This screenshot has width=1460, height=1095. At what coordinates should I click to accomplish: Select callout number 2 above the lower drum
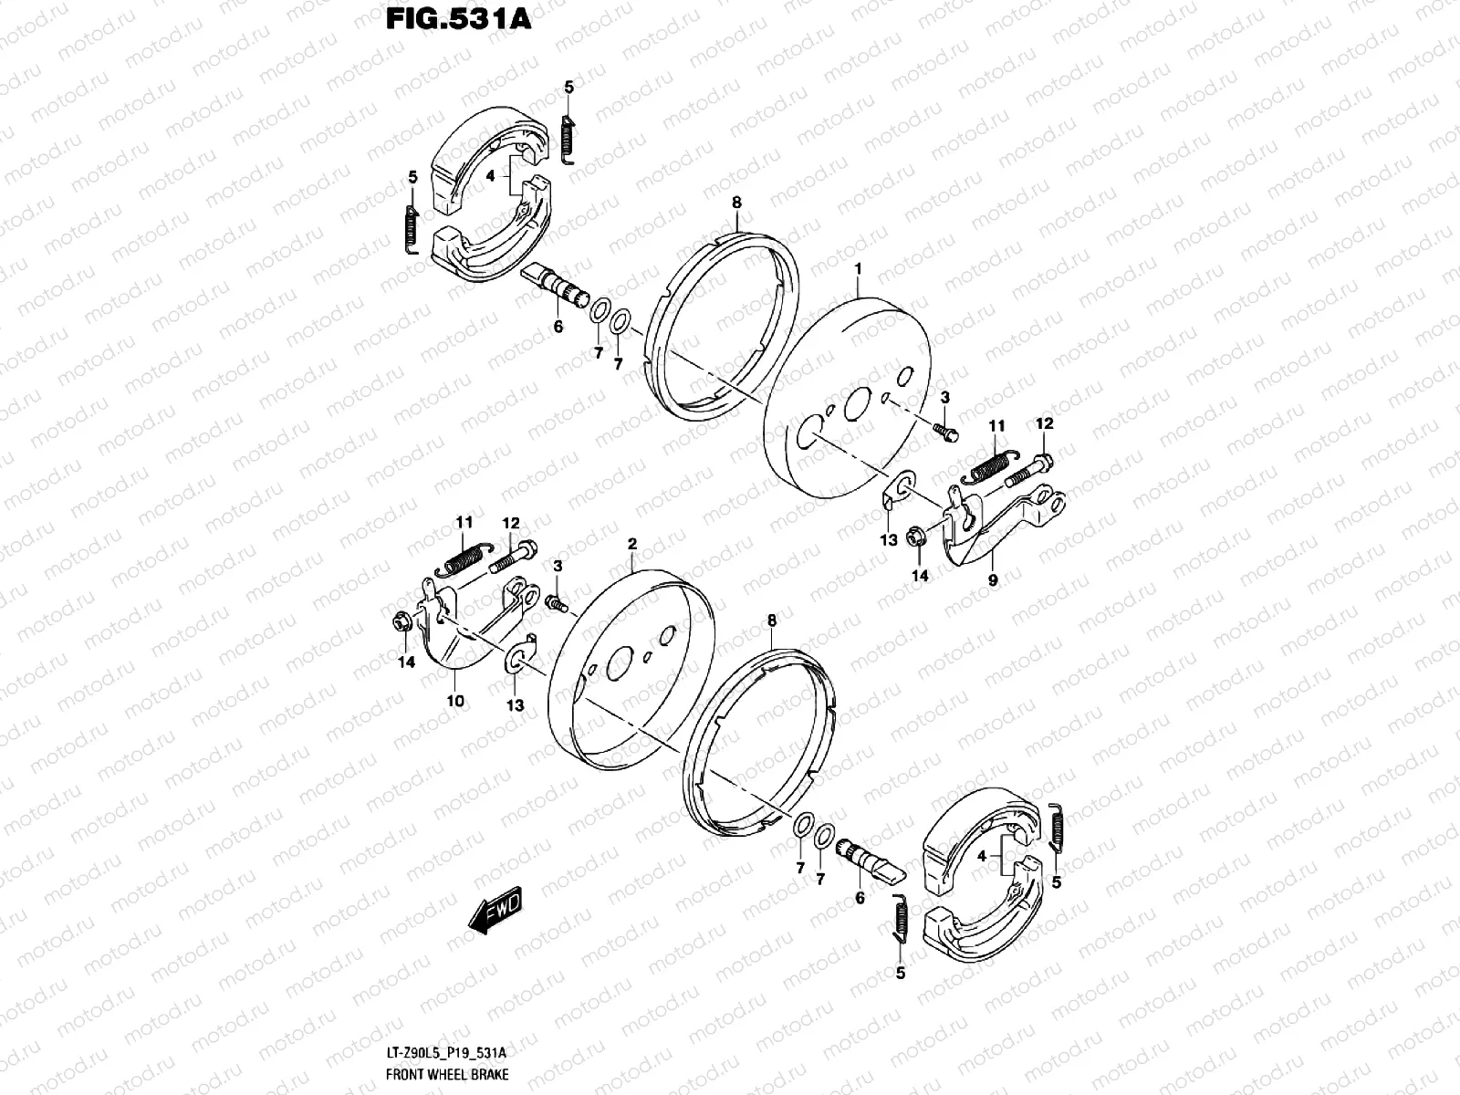[x=631, y=544]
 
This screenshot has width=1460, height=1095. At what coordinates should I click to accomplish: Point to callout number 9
[x=993, y=579]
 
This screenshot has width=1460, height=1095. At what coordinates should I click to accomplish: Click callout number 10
[x=455, y=701]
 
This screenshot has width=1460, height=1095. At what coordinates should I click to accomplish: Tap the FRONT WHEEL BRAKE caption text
[x=447, y=1075]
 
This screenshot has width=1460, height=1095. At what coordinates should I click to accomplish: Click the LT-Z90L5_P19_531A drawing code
[x=452, y=1053]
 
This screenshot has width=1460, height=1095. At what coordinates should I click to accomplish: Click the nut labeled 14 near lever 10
[x=398, y=624]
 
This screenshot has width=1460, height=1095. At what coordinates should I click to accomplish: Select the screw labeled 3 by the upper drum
[x=944, y=430]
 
